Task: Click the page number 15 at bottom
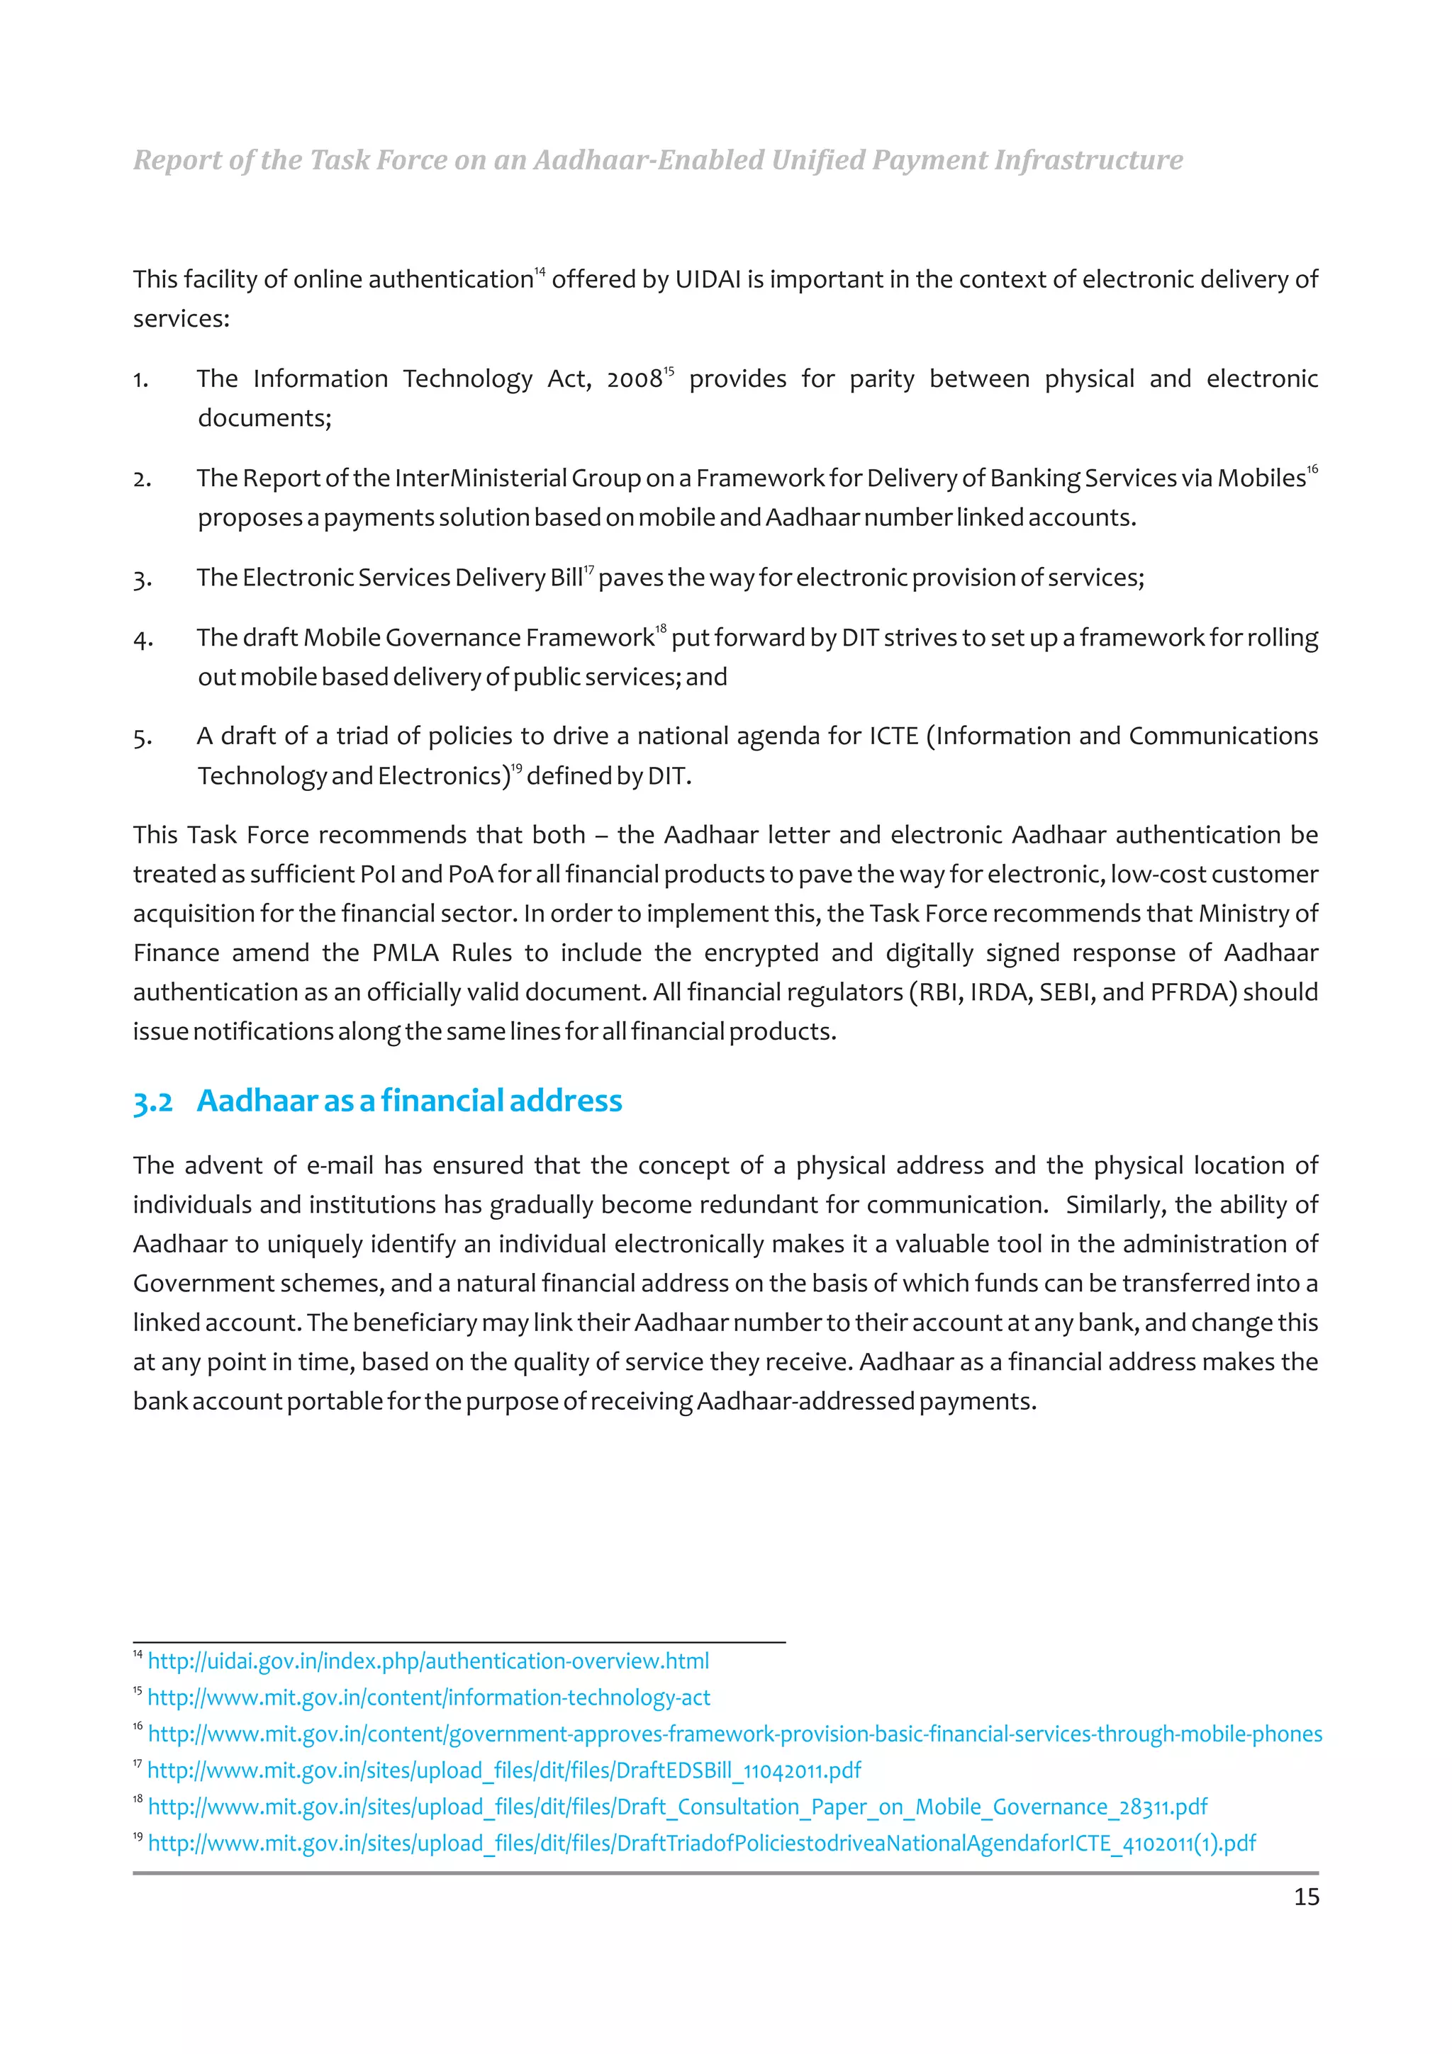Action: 1305,1897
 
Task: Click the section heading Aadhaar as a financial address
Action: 409,1100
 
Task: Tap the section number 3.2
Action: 153,1102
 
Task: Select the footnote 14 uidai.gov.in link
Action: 428,1661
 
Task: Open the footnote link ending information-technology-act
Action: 428,1698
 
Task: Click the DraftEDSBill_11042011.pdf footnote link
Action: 503,1770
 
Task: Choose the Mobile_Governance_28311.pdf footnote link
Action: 677,1807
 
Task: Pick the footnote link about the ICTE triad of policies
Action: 701,1843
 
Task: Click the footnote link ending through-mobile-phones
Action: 735,1734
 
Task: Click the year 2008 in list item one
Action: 633,380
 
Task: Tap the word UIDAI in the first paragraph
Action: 708,280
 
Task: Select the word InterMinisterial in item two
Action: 479,478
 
